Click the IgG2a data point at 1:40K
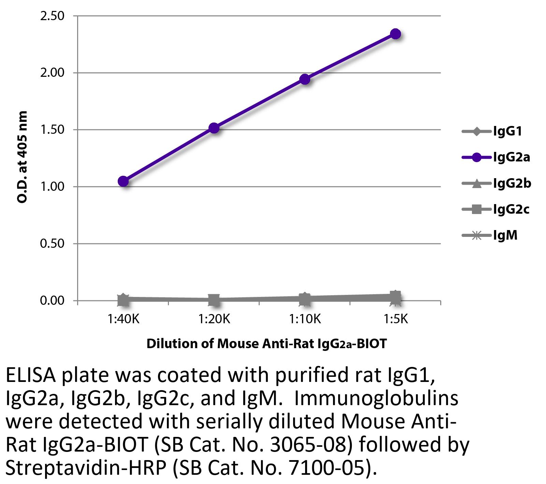point(123,181)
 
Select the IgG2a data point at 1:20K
point(214,128)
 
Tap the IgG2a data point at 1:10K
point(305,80)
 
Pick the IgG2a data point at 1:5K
point(396,34)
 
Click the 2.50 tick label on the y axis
point(52,16)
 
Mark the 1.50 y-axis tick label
point(52,130)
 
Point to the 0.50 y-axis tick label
point(52,244)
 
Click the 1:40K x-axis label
point(123,319)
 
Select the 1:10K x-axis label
point(305,319)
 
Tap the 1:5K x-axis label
point(396,319)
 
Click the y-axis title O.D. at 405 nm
point(22,157)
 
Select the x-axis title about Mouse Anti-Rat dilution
point(267,343)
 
